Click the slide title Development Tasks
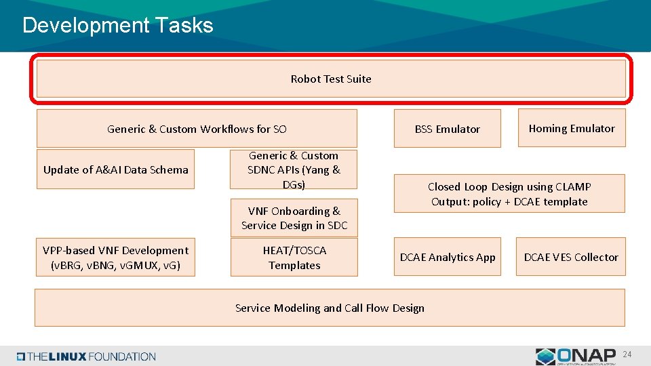[x=117, y=26]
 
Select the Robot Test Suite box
[x=330, y=79]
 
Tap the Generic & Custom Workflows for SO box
[x=197, y=129]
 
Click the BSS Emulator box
[x=447, y=129]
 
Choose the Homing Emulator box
[x=572, y=128]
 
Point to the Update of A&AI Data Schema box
[x=115, y=169]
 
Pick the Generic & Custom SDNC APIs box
[x=294, y=170]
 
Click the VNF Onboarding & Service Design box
[x=294, y=218]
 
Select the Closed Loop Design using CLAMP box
[x=509, y=194]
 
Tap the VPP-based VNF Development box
[x=115, y=258]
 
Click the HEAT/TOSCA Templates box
[x=294, y=258]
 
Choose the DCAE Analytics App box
[x=447, y=257]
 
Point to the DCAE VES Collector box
[x=570, y=257]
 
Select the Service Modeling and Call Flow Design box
[x=330, y=308]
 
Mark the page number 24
[x=627, y=354]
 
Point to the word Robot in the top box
[x=305, y=79]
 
